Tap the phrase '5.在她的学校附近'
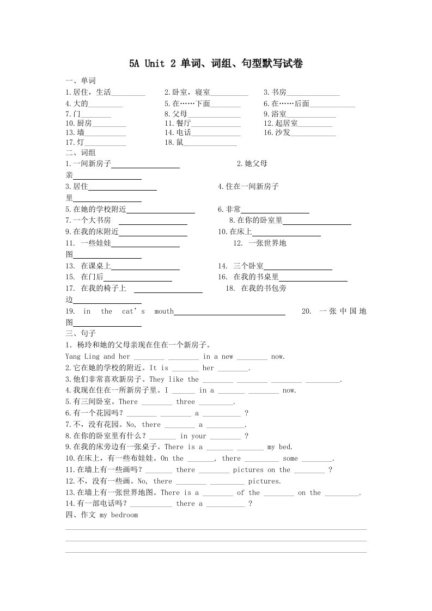tap(96, 209)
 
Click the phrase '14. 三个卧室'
tap(241, 266)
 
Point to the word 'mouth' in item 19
tap(164, 311)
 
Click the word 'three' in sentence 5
tap(185, 402)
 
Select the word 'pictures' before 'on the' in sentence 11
tap(248, 470)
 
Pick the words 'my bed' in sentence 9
tap(279, 448)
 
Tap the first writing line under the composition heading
tap(216, 529)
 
